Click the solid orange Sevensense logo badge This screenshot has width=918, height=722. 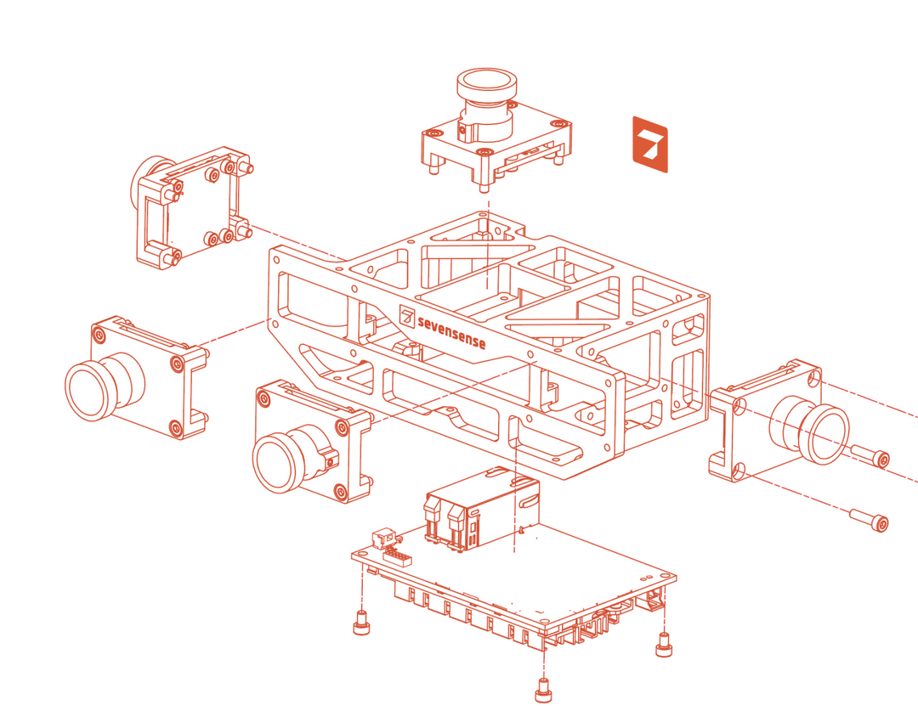pos(650,144)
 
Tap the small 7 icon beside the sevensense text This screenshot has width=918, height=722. pos(408,318)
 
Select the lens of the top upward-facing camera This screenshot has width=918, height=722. pos(487,86)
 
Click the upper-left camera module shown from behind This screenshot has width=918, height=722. pos(191,208)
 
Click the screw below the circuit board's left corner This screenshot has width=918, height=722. pos(361,623)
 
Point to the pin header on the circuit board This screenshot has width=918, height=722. pos(398,556)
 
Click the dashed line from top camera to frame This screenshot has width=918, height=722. pos(486,242)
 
